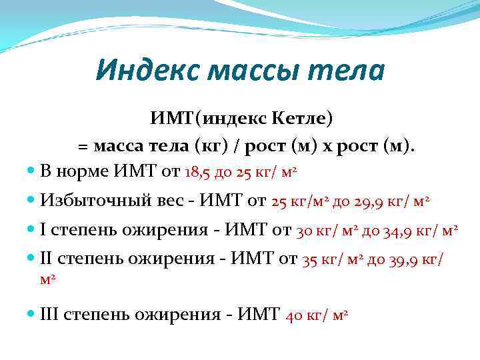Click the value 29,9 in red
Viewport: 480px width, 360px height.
(362, 200)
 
